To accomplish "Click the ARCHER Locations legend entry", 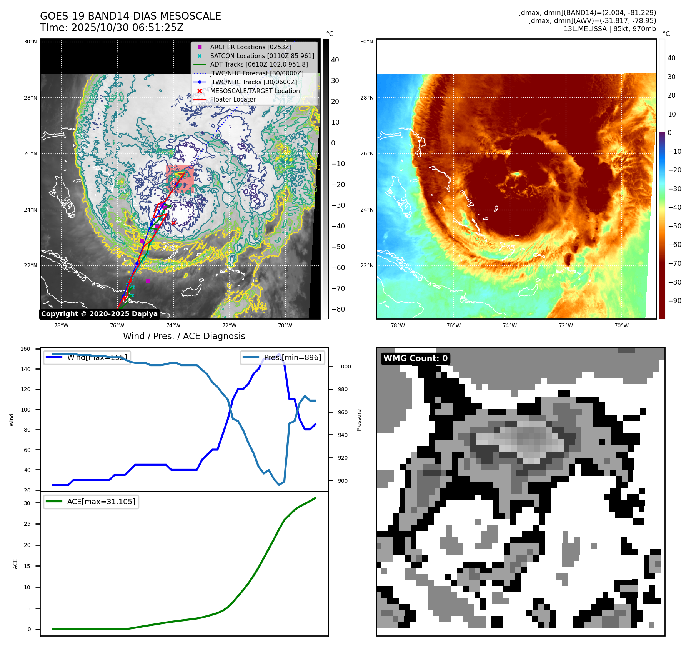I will pos(250,47).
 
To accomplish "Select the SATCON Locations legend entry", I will pos(262,56).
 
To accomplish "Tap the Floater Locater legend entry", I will pos(233,99).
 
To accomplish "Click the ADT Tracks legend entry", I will pos(259,64).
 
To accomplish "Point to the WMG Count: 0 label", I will pos(415,358).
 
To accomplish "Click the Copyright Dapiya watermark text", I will pos(99,314).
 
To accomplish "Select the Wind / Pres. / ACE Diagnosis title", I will pos(184,336).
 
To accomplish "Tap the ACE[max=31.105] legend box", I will pos(92,502).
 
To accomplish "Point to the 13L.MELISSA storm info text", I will pos(609,29).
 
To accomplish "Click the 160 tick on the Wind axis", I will pos(25,349).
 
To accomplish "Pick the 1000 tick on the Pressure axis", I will pos(344,367).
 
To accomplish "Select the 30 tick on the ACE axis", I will pos(27,503).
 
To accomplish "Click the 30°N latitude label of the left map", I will pos(30,42).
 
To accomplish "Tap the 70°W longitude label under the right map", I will pos(621,325).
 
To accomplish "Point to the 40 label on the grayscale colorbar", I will pos(335,60).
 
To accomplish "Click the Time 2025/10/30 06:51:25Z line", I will pos(112,28).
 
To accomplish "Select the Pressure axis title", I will pos(359,420).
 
